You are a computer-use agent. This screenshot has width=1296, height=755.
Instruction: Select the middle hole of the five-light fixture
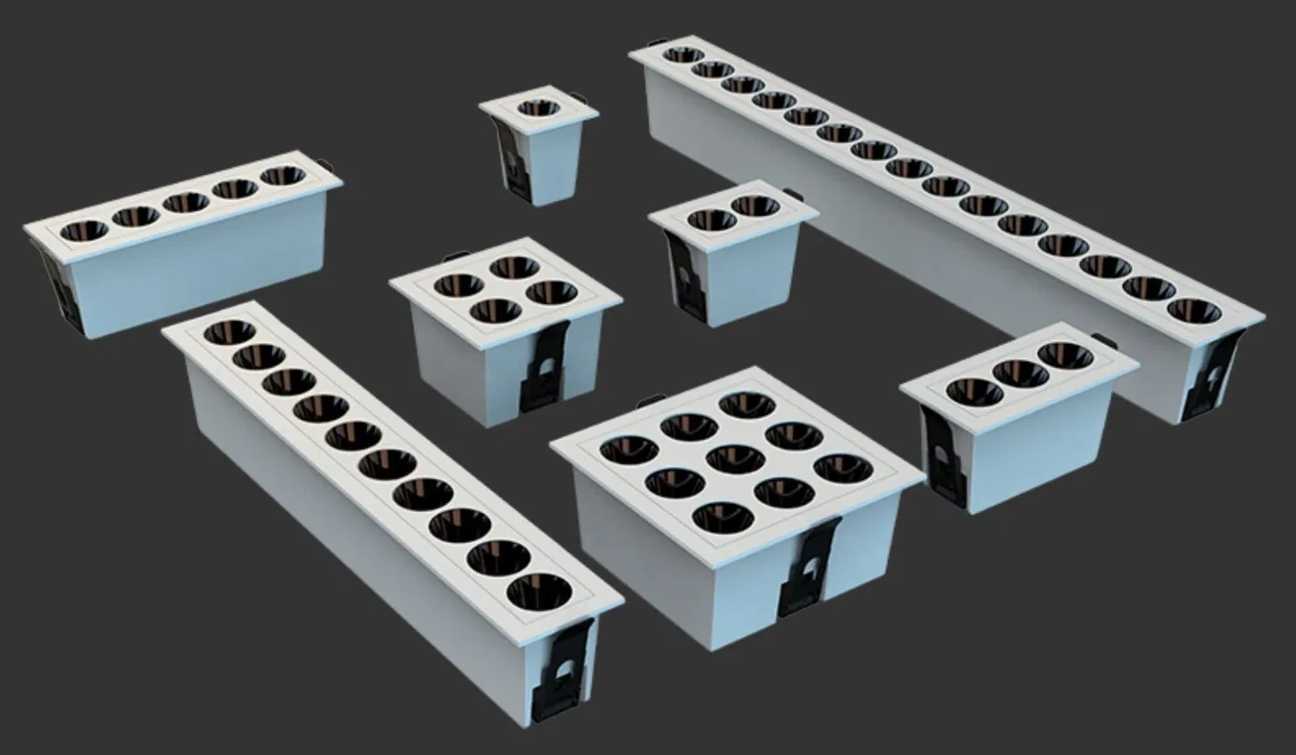pos(186,203)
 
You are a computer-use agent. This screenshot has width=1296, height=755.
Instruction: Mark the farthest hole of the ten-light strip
pos(223,333)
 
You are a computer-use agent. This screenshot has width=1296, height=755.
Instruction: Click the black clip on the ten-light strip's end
pos(557,671)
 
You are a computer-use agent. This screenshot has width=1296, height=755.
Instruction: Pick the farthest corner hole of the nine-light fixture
pos(746,404)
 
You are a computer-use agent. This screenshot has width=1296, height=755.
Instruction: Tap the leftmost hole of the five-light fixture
pos(84,231)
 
